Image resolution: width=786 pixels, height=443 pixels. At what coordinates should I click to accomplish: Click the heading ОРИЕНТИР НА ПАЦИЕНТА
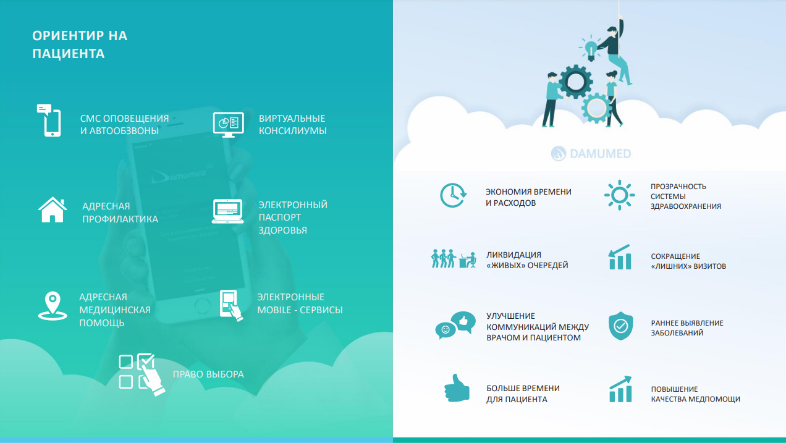(80, 44)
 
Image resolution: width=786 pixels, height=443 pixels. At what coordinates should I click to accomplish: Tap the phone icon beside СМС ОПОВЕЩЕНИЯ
(49, 120)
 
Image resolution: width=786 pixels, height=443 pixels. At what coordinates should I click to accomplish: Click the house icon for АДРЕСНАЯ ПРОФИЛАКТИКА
(52, 209)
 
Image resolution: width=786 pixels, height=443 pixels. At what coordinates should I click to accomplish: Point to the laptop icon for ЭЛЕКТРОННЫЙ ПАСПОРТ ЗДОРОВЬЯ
(227, 211)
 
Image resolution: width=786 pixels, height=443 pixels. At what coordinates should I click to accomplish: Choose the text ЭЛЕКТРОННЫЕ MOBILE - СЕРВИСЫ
(300, 303)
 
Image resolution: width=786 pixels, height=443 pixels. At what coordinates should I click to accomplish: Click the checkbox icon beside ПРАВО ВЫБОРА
(142, 373)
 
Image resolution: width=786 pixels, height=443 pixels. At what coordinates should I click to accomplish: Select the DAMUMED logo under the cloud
(591, 153)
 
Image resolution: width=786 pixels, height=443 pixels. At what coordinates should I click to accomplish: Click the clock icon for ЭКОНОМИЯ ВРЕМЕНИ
(452, 195)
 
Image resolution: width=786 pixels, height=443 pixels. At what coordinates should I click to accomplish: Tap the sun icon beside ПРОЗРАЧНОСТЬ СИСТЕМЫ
(619, 195)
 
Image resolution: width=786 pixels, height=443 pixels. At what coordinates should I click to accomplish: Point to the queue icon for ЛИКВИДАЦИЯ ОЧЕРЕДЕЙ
(453, 259)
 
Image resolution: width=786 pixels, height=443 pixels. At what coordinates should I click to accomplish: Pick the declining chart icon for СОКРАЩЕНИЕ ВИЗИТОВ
(619, 257)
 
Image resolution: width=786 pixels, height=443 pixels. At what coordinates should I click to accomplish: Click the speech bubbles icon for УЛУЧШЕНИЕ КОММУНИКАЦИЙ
(454, 326)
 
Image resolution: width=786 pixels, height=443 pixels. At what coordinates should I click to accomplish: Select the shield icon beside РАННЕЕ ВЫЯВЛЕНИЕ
(620, 326)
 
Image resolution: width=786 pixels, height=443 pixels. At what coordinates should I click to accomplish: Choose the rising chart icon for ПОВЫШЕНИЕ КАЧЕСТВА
(620, 389)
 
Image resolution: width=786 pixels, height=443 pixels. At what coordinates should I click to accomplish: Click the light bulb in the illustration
(590, 48)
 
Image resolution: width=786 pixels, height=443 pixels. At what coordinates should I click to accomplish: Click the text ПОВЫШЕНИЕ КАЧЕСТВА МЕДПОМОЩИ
(695, 394)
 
